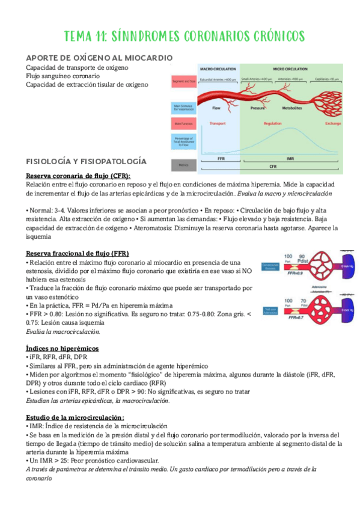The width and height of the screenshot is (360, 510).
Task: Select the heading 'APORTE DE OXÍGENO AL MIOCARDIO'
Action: pyautogui.click(x=99, y=58)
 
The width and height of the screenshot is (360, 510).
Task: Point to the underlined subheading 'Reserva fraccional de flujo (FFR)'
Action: pyautogui.click(x=77, y=253)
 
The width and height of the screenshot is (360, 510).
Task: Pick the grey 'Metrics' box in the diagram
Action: pyautogui.click(x=183, y=164)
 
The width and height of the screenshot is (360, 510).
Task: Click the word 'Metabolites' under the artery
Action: pyautogui.click(x=291, y=108)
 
